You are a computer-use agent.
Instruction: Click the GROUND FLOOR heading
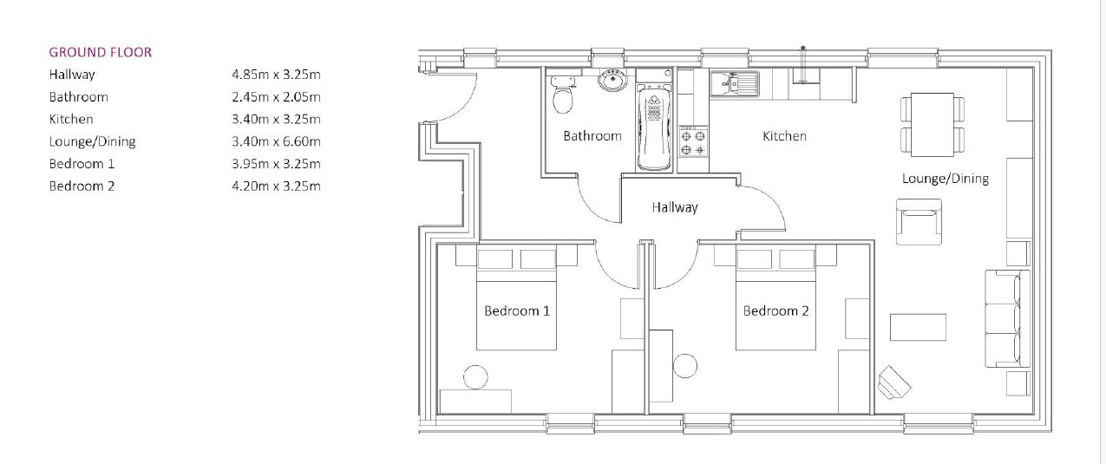(x=100, y=52)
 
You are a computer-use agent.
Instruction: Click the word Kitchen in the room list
(x=71, y=119)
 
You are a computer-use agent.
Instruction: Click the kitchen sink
(x=734, y=83)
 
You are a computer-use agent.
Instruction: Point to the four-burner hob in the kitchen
(x=693, y=143)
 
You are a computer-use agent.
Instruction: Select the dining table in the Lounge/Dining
(x=932, y=124)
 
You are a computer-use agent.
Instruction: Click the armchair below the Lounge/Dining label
(x=919, y=221)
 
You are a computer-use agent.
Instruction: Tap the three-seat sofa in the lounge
(x=1007, y=319)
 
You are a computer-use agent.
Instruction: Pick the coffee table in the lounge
(x=918, y=327)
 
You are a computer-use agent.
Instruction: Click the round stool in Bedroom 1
(x=474, y=376)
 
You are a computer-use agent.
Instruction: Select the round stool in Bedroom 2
(x=685, y=365)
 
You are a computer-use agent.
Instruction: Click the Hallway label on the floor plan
(x=675, y=207)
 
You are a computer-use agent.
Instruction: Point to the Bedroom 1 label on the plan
(x=516, y=310)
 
